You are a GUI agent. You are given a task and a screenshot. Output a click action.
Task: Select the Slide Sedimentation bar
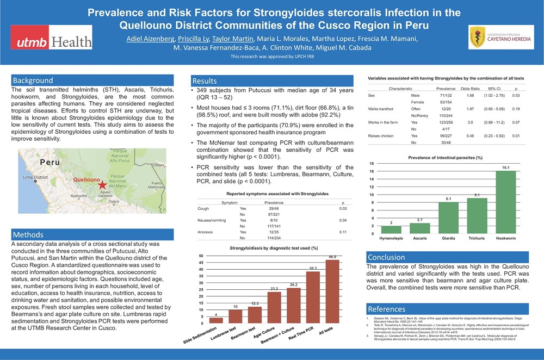click(x=216, y=320)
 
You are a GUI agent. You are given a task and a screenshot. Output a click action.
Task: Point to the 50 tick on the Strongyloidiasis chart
click(x=201, y=256)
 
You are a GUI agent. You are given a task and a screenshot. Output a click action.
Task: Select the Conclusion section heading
click(x=386, y=257)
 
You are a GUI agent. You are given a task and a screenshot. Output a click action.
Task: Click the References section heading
click(x=387, y=308)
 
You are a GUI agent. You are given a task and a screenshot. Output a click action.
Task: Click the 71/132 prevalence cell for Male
click(x=445, y=95)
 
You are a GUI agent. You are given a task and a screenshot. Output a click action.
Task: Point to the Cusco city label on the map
click(x=114, y=202)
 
